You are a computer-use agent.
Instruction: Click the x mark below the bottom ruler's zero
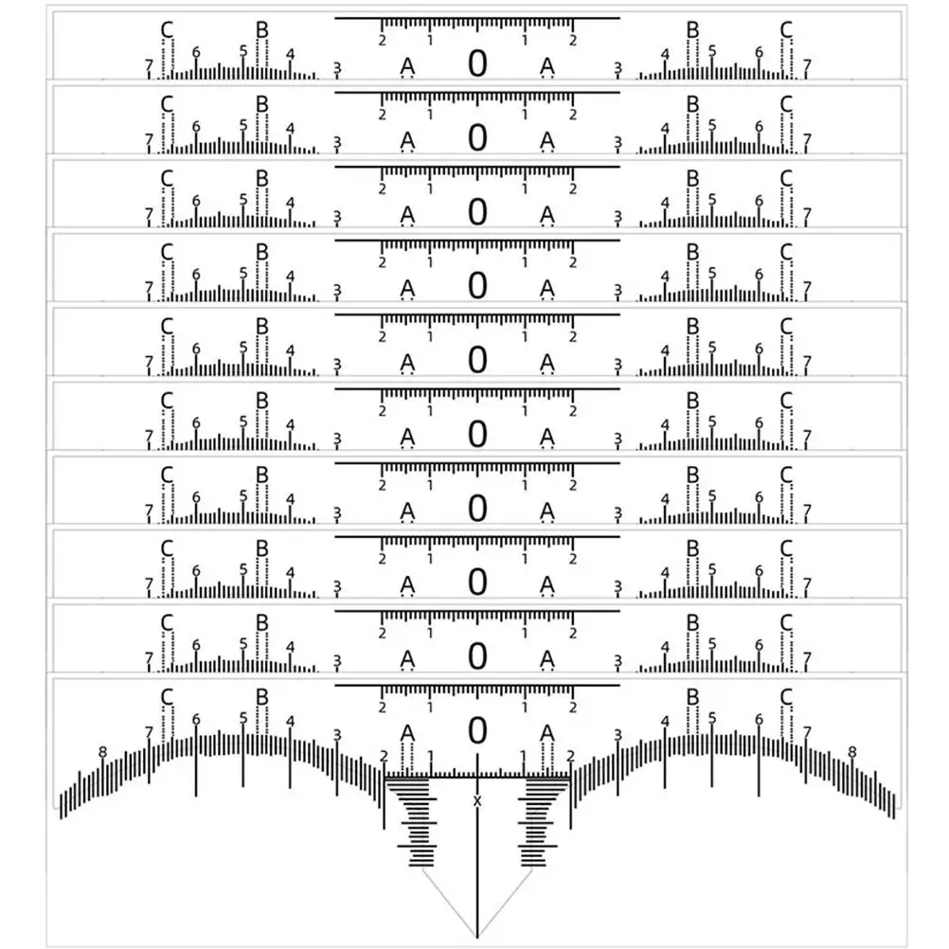(x=477, y=801)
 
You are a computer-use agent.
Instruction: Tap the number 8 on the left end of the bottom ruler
(x=103, y=752)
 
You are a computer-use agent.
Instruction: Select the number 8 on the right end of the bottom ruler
(x=852, y=752)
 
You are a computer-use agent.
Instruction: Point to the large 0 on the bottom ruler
(x=477, y=730)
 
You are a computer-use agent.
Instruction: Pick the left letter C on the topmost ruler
(x=167, y=29)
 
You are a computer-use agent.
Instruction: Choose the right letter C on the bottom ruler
(x=786, y=697)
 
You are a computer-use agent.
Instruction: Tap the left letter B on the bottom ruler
(x=262, y=697)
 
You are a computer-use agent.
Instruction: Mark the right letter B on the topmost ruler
(x=693, y=29)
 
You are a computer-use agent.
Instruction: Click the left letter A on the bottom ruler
(x=408, y=733)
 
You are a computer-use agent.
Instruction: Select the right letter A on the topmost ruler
(x=547, y=66)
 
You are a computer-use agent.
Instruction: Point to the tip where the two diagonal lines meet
(x=477, y=938)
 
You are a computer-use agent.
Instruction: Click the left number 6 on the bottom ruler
(x=196, y=720)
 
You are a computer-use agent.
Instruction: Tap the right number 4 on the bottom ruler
(x=665, y=722)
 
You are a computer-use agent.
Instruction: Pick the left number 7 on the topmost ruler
(x=149, y=65)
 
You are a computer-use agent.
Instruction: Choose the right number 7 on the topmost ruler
(x=807, y=65)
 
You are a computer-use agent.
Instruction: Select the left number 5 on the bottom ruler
(x=243, y=718)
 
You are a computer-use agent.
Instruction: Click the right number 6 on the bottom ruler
(x=759, y=720)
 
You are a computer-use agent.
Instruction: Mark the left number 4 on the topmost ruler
(x=291, y=55)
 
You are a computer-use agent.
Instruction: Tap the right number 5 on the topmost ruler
(x=712, y=51)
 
